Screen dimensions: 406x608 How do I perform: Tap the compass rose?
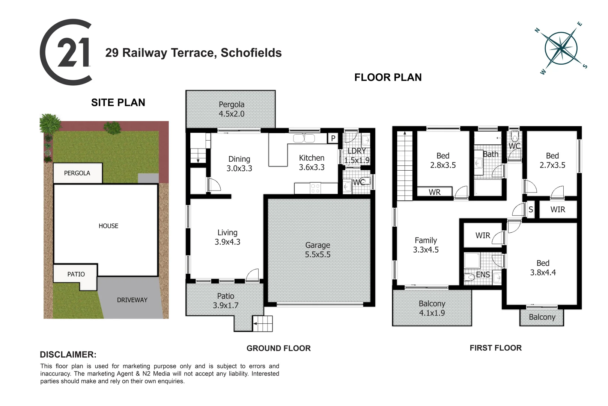pyautogui.click(x=561, y=48)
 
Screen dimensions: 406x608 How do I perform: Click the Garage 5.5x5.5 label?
pyautogui.click(x=318, y=250)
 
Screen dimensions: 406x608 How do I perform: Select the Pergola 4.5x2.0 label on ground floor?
pyautogui.click(x=232, y=109)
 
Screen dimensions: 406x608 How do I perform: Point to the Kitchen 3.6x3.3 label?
pyautogui.click(x=312, y=162)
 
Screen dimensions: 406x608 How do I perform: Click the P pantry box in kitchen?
pyautogui.click(x=333, y=138)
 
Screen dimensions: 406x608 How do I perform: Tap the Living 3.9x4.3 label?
pyautogui.click(x=227, y=237)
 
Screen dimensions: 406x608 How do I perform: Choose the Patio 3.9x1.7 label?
pyautogui.click(x=226, y=301)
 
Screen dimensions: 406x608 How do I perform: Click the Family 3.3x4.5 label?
pyautogui.click(x=426, y=245)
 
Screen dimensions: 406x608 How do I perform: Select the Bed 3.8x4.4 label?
pyautogui.click(x=543, y=268)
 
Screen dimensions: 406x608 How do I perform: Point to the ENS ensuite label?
pyautogui.click(x=483, y=275)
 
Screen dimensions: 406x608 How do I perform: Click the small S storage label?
pyautogui.click(x=531, y=210)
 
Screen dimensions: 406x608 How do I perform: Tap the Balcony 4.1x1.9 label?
pyautogui.click(x=432, y=308)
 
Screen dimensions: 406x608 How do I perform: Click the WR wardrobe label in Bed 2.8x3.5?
pyautogui.click(x=435, y=192)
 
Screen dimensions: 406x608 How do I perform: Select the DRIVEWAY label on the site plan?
pyautogui.click(x=132, y=300)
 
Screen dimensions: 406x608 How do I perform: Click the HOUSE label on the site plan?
pyautogui.click(x=108, y=226)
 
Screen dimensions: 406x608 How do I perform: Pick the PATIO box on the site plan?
pyautogui.click(x=76, y=274)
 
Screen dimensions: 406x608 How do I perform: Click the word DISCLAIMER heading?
pyautogui.click(x=68, y=354)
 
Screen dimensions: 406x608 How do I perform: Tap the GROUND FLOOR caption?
pyautogui.click(x=278, y=348)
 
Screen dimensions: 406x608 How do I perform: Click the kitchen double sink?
pyautogui.click(x=304, y=138)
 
